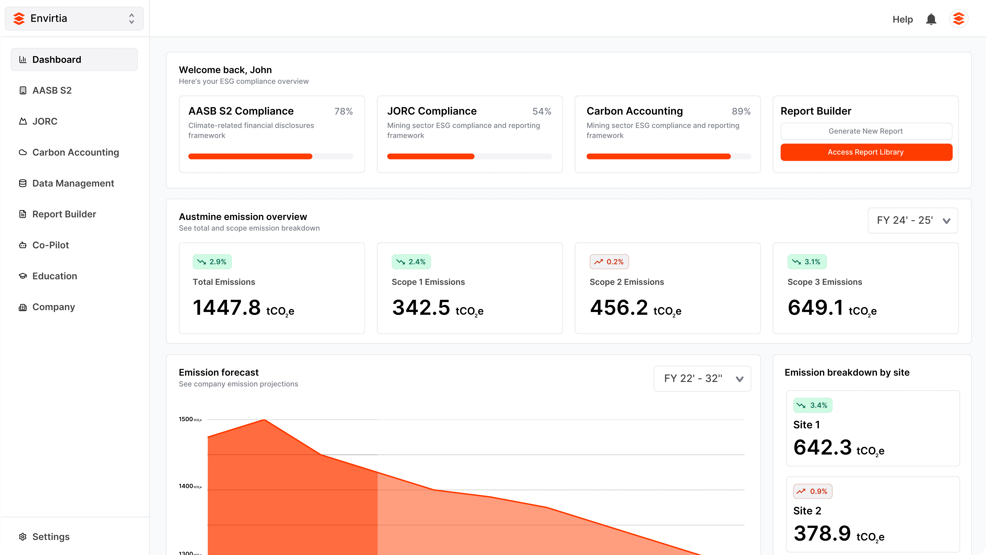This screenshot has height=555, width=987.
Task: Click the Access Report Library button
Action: click(866, 152)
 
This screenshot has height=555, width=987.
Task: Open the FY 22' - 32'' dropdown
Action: click(702, 378)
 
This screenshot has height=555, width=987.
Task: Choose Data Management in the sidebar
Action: click(73, 183)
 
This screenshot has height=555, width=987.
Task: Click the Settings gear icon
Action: click(23, 537)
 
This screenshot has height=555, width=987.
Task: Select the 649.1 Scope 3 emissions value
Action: click(815, 308)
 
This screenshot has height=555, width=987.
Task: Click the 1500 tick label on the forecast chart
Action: click(186, 419)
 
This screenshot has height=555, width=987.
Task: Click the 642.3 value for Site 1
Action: click(822, 447)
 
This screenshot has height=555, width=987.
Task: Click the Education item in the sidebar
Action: click(54, 276)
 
